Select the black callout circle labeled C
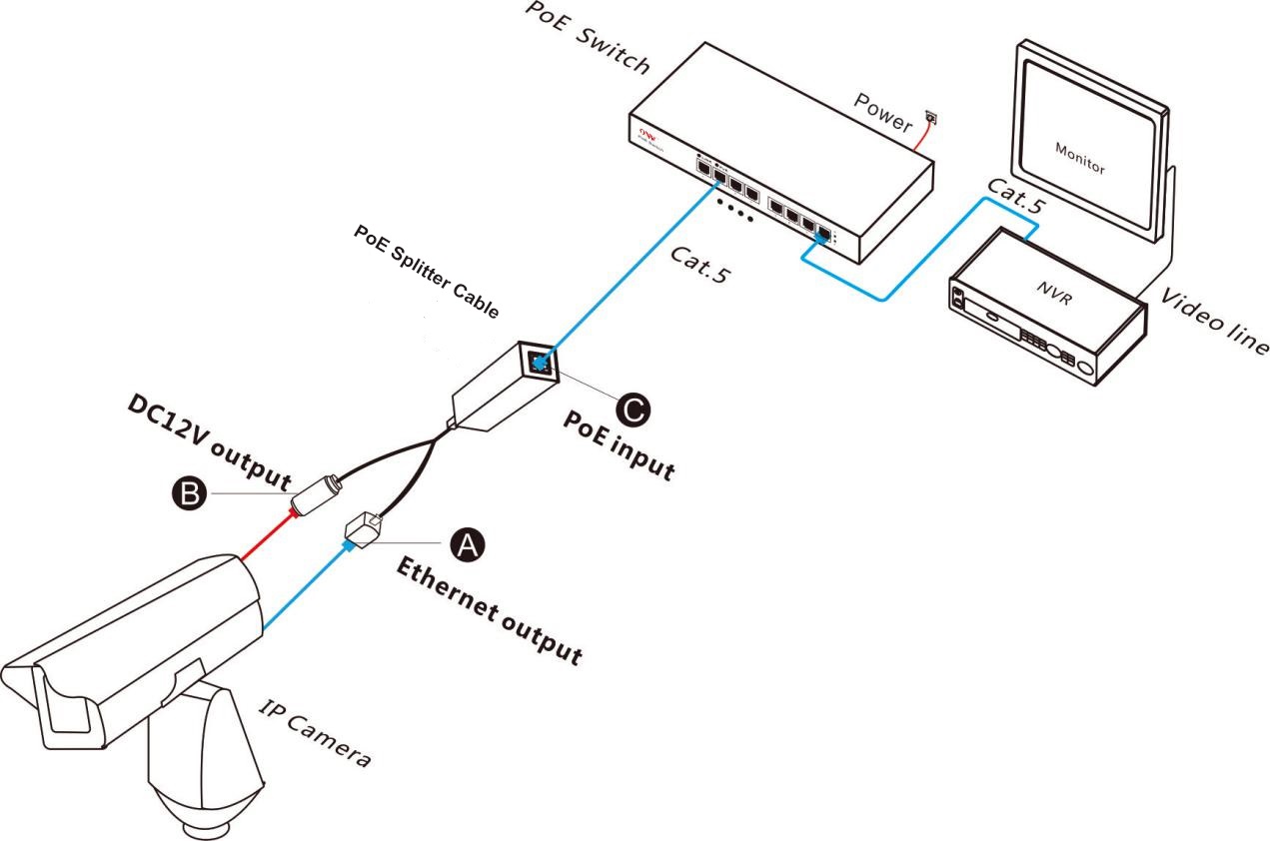[x=631, y=408]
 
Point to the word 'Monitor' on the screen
[x=1080, y=158]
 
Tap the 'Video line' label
[x=1214, y=318]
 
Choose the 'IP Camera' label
[x=315, y=733]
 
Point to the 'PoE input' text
[x=619, y=446]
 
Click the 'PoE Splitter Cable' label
[x=427, y=270]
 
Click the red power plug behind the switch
[x=932, y=117]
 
